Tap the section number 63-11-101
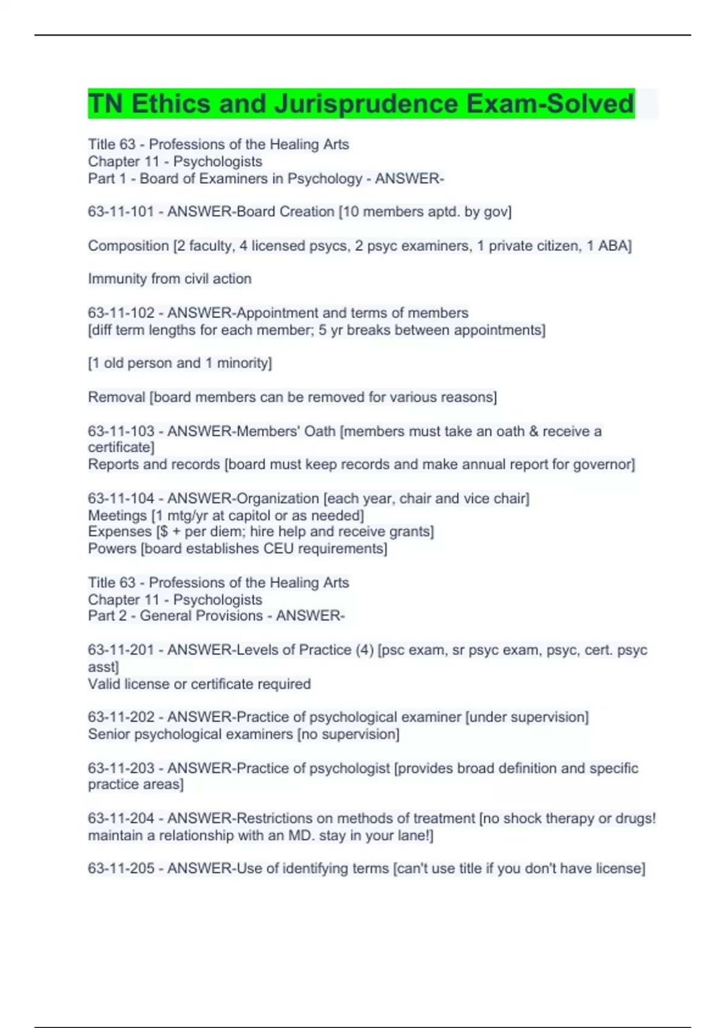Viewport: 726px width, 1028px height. coord(121,212)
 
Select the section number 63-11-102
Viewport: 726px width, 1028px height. coord(121,313)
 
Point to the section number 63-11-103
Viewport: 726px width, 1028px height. coord(121,431)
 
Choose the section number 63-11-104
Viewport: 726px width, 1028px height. coord(121,498)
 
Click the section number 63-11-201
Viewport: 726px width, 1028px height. coord(121,650)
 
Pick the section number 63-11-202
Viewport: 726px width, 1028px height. coord(121,717)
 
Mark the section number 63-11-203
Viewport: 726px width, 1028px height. coord(121,768)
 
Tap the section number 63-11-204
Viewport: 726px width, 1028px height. coord(121,818)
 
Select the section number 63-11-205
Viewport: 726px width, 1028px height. coord(121,868)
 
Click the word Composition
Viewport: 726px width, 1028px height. coord(128,246)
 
